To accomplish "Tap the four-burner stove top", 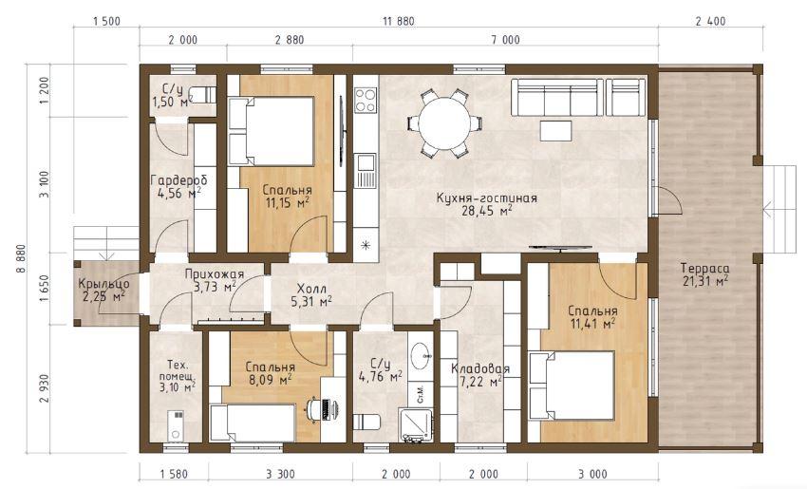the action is point(366,101).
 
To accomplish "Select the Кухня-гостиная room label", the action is point(486,198).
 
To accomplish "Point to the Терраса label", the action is point(704,268).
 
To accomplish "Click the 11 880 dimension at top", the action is point(399,21).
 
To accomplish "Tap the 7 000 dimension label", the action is point(505,40).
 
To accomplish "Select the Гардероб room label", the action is point(178,180).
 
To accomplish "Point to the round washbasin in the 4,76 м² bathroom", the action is point(422,353).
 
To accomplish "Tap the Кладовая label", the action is point(480,369).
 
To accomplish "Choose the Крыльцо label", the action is point(104,284).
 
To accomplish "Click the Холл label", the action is point(311,290).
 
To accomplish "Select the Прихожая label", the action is point(215,274).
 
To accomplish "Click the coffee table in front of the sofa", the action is point(555,131).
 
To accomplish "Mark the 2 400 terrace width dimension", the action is point(710,21).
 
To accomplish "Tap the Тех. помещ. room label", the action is point(177,371).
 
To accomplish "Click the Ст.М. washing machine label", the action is point(420,393).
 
